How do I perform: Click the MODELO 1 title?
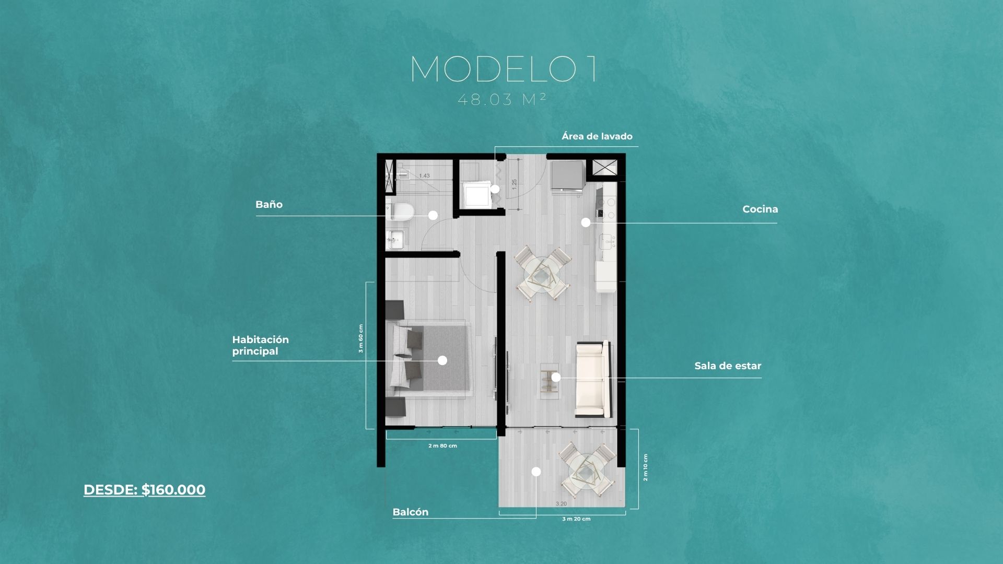click(x=504, y=68)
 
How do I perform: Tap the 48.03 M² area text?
click(x=502, y=99)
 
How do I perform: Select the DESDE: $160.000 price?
click(x=144, y=490)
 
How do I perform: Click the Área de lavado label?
click(x=597, y=136)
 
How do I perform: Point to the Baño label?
click(x=269, y=205)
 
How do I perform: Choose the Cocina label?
click(x=760, y=209)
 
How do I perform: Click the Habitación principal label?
click(x=261, y=345)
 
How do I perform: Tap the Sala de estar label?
click(x=728, y=366)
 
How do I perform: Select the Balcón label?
click(x=411, y=512)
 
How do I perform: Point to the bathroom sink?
click(x=394, y=240)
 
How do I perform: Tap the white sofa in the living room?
click(x=592, y=379)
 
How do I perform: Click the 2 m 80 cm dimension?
click(x=442, y=446)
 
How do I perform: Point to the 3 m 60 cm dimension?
click(x=360, y=338)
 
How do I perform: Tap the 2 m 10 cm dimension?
click(x=645, y=467)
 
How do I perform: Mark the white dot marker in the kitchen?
click(x=586, y=222)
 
